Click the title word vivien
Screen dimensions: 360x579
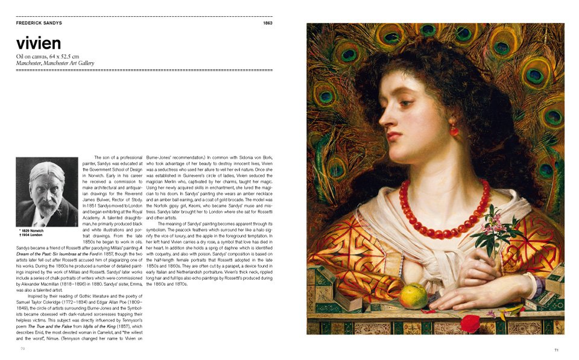tap(39, 43)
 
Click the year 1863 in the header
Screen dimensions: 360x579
tap(267, 23)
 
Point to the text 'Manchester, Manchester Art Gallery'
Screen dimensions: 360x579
tap(55, 63)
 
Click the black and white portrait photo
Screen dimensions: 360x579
tap(47, 192)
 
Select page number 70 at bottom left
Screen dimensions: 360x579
tap(22, 348)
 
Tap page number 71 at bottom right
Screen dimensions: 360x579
tap(557, 350)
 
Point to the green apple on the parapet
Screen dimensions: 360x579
tap(413, 295)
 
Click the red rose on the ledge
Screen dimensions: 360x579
tap(470, 323)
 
